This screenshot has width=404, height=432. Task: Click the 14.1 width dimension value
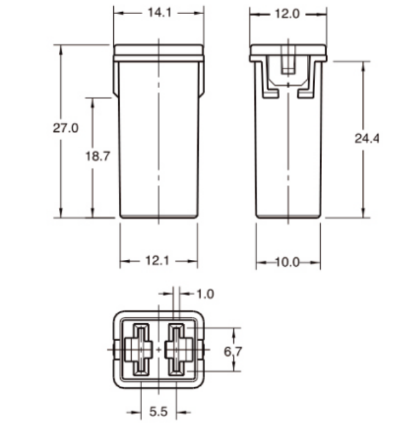[x=159, y=13]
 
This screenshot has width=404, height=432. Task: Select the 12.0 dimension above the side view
[x=287, y=14]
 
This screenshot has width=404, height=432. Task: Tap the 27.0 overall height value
[x=65, y=128]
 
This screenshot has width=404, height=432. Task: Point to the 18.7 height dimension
[x=98, y=156]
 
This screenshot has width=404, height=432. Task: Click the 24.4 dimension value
[x=367, y=138]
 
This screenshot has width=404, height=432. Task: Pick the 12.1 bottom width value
[x=157, y=260]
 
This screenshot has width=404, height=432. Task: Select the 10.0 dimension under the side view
[x=287, y=262]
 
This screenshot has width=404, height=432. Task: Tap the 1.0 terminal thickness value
[x=205, y=294]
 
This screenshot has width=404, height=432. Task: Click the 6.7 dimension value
[x=233, y=351]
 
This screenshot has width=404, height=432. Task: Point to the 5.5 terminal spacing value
[x=159, y=412]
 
